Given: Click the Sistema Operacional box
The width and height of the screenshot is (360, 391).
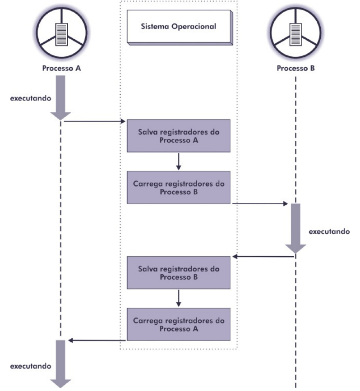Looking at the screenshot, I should tap(179, 27).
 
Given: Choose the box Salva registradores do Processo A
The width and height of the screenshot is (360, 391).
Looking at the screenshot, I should tap(179, 136).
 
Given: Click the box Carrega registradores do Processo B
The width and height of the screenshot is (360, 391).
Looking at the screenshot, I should tap(179, 187).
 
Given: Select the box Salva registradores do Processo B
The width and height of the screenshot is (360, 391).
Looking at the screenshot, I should tap(179, 273).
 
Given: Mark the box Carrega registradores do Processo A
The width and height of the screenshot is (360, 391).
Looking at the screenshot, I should tap(179, 324).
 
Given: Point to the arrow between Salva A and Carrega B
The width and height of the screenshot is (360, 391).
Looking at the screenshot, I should tap(179, 161).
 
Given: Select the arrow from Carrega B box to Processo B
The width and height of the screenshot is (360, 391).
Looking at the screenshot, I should tap(259, 204).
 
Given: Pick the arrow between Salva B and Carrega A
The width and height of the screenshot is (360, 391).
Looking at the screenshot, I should tap(179, 298).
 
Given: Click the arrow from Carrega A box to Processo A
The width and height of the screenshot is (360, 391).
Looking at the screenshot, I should tap(97, 340).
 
